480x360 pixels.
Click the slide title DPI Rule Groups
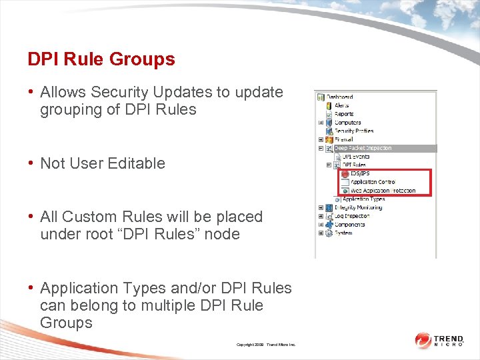(101, 59)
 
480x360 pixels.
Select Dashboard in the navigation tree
(339, 97)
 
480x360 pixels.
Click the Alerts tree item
(341, 105)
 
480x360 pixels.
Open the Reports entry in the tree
(344, 114)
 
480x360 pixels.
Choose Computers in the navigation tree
(347, 123)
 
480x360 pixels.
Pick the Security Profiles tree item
(353, 131)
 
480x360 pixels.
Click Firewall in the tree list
(343, 140)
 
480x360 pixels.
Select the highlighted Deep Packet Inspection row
(363, 148)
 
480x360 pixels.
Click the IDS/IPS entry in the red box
(360, 173)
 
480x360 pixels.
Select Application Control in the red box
(373, 182)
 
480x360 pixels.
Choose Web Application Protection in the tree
(383, 191)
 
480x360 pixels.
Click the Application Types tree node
(364, 199)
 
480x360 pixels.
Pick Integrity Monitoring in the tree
(358, 208)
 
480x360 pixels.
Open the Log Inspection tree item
(351, 217)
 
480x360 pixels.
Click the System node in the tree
(343, 233)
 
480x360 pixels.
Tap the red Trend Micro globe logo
(423, 340)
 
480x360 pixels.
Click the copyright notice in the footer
(265, 345)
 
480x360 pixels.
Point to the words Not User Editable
(103, 163)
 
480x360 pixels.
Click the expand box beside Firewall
(321, 140)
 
